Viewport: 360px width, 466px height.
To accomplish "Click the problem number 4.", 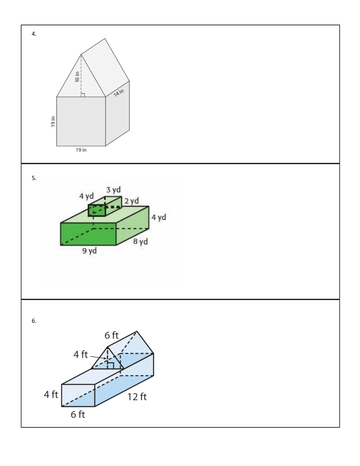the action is coord(34,33).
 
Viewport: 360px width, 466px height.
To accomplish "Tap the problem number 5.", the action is coord(34,178).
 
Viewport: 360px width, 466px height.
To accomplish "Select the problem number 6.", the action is coord(34,321).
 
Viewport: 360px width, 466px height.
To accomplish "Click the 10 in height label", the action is coord(77,77).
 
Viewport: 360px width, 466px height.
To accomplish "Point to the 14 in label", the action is coord(119,93).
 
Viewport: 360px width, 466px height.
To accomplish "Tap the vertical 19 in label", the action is coord(53,121).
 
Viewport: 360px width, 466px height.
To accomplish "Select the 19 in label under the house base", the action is coord(81,150).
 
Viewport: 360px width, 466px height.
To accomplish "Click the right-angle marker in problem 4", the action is coord(83,95).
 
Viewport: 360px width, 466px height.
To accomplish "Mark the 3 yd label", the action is coord(114,190).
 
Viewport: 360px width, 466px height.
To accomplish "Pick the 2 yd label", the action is coord(132,201).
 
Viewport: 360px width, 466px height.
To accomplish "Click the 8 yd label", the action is coord(140,241).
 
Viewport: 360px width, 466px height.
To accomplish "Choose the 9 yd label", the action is coord(89,250).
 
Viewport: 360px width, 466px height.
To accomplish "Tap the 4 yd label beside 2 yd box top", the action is coord(86,196).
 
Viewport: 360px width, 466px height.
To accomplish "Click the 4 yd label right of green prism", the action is coord(159,217).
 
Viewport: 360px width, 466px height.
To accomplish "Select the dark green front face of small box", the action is coord(97,211).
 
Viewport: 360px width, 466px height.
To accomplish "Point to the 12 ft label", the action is coord(137,397).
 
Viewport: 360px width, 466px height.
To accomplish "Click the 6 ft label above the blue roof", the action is coord(111,335).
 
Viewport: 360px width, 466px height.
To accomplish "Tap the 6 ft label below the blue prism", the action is coord(78,414).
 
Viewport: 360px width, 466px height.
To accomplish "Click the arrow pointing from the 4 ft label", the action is coord(98,357).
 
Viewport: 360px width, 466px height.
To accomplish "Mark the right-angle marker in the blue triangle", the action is coord(111,366).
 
